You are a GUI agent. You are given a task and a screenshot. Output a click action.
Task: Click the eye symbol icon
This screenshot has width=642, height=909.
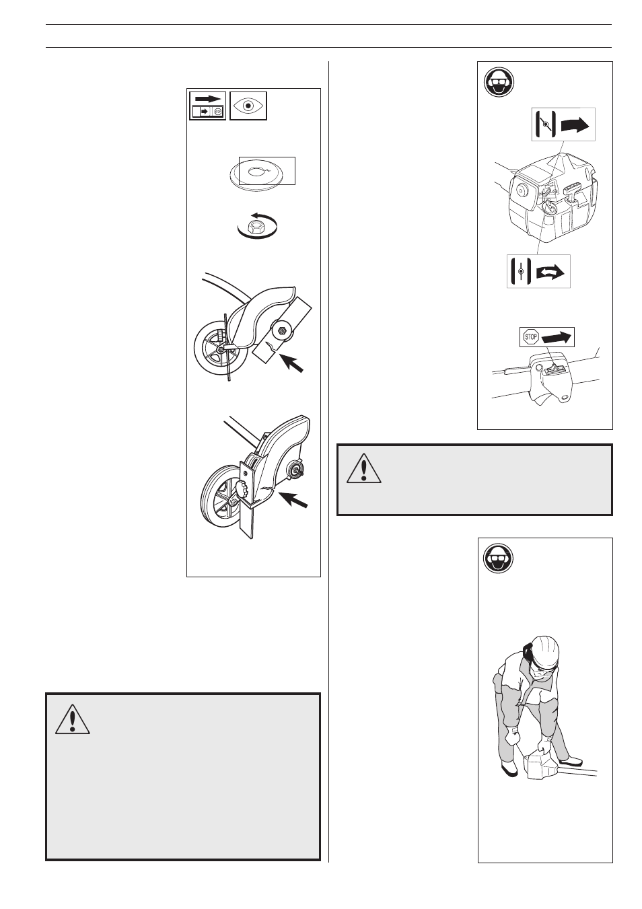pyautogui.click(x=248, y=106)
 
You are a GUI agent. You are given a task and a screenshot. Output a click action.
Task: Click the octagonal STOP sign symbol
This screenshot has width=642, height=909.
pyautogui.click(x=531, y=336)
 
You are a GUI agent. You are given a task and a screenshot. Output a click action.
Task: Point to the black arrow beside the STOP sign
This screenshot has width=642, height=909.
pyautogui.click(x=557, y=336)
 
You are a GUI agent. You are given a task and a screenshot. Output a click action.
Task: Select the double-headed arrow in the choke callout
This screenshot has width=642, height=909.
pyautogui.click(x=550, y=272)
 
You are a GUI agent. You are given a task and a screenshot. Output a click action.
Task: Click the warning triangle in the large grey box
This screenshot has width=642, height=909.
pyautogui.click(x=73, y=719)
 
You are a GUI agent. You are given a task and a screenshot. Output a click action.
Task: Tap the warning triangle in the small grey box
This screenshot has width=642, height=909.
pyautogui.click(x=364, y=468)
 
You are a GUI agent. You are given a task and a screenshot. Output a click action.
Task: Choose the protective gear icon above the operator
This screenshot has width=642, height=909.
pyautogui.click(x=499, y=557)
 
